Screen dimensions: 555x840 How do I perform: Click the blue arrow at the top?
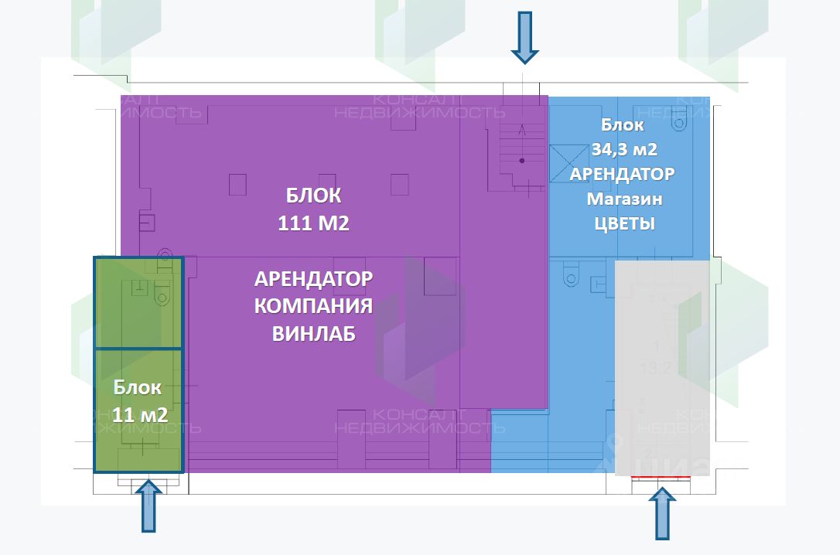(x=524, y=36)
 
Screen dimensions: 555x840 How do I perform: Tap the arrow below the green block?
(x=149, y=506)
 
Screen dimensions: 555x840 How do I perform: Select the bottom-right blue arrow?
(x=660, y=514)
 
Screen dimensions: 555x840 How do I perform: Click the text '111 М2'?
(x=313, y=223)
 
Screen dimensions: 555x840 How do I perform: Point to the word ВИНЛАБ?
(x=313, y=334)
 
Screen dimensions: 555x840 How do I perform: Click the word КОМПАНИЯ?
(x=313, y=306)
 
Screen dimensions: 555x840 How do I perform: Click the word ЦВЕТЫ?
(x=624, y=224)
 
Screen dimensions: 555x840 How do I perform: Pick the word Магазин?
(x=624, y=199)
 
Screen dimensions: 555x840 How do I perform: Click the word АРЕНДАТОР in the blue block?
(x=622, y=174)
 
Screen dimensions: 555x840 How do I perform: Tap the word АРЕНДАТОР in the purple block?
(x=313, y=278)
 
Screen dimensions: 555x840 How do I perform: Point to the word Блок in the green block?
(x=138, y=387)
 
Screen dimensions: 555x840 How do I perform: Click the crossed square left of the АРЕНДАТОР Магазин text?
(x=559, y=162)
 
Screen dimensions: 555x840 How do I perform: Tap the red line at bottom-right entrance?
(x=660, y=478)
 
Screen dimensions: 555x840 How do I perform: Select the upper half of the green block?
(x=138, y=302)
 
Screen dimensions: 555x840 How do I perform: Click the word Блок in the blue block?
(x=623, y=124)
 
